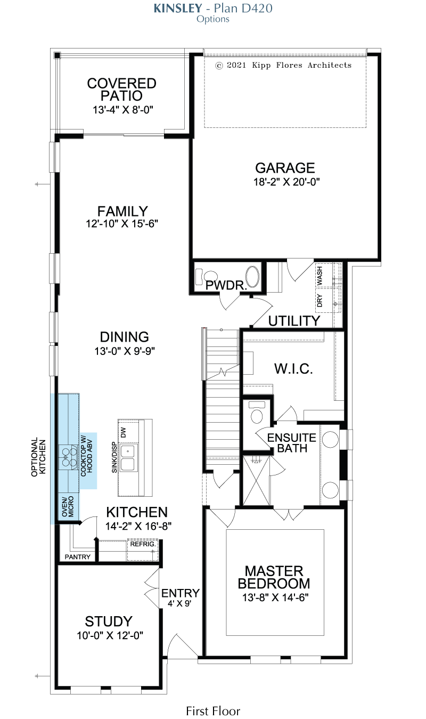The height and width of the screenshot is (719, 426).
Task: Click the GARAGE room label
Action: click(285, 168)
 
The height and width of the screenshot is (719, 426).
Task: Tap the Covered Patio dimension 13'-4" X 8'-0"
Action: click(123, 110)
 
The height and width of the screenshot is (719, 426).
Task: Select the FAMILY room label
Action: click(122, 211)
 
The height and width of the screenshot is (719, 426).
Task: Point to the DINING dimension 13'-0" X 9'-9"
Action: click(125, 351)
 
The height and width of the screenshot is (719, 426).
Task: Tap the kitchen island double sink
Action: click(128, 457)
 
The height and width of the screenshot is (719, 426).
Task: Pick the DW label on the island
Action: click(124, 432)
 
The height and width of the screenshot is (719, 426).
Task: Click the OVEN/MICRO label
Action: click(68, 506)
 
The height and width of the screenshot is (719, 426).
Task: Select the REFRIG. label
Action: click(143, 544)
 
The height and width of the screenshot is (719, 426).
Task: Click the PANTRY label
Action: click(78, 557)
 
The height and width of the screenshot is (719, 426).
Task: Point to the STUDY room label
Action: click(109, 621)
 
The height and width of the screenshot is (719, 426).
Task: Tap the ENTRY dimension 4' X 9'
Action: click(179, 603)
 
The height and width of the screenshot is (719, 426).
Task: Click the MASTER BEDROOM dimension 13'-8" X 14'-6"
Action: click(275, 597)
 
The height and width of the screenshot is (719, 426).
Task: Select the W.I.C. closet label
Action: click(293, 369)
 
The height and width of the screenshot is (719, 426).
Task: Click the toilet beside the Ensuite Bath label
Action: click(257, 413)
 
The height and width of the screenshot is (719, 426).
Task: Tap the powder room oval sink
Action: click(252, 276)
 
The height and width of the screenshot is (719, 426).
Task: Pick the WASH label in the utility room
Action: click(319, 276)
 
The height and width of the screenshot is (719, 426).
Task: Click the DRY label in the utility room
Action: click(319, 301)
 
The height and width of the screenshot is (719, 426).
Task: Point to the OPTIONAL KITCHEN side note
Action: click(38, 457)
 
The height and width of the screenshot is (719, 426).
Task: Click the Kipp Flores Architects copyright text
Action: click(283, 65)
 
